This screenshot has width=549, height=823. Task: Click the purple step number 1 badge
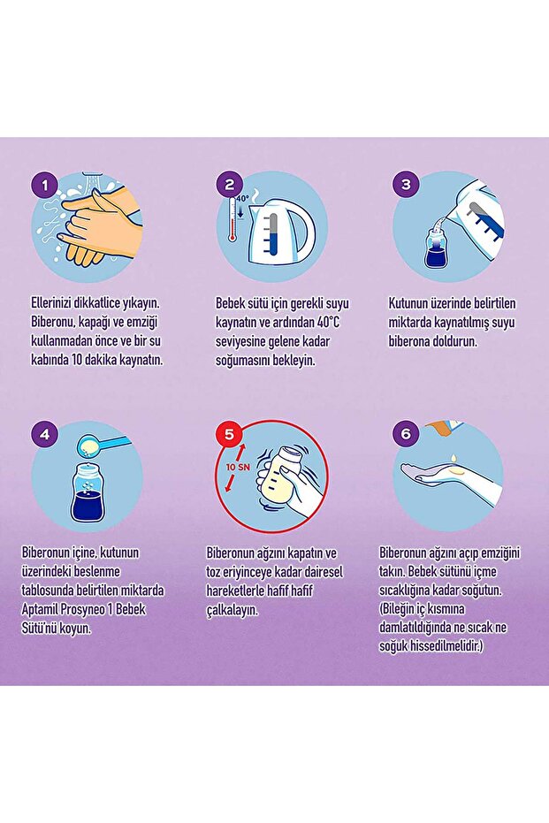44,186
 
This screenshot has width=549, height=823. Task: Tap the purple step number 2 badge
229,185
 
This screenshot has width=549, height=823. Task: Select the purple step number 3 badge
406,185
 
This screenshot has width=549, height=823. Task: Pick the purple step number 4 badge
44,434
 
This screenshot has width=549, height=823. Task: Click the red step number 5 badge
229,434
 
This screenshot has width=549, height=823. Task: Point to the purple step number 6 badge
406,434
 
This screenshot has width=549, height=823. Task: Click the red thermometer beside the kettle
232,219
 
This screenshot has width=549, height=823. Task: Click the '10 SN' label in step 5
238,467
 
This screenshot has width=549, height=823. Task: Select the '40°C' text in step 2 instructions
328,322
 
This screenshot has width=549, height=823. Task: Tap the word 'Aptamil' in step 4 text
41,610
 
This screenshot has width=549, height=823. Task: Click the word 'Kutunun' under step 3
408,303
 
